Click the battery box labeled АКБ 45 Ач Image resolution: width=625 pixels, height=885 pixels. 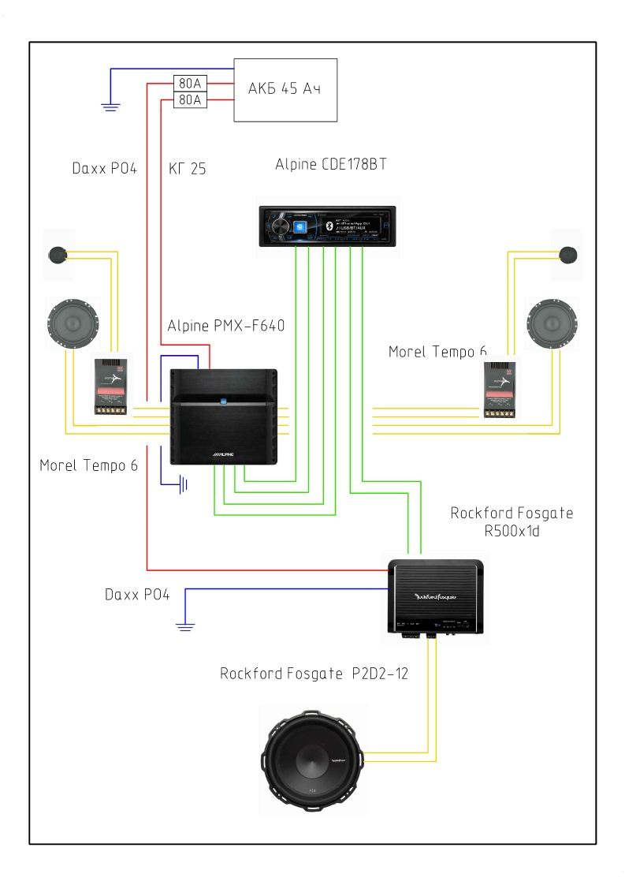pos(285,89)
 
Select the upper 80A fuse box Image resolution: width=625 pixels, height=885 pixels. pos(189,83)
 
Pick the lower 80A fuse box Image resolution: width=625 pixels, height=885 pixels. pos(189,100)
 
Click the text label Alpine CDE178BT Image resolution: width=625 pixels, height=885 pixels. pos(331,165)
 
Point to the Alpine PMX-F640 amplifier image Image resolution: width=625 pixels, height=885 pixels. pos(225,416)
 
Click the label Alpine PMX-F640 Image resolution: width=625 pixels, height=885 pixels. pos(225,326)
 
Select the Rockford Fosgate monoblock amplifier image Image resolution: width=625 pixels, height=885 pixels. pos(436,596)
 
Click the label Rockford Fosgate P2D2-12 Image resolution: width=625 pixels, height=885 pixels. pos(314,674)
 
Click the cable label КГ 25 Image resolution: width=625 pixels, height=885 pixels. pos(188,168)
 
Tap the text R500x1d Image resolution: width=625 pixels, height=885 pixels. pos(512,532)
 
